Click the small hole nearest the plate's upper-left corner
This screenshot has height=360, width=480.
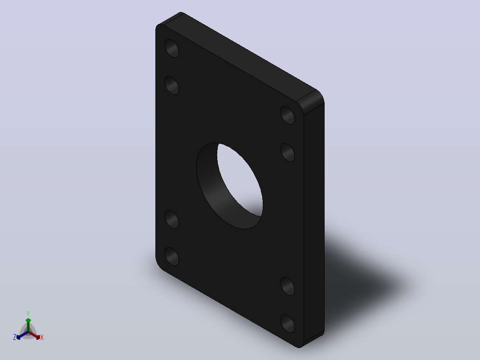[172, 49]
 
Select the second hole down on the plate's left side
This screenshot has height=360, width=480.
[172, 86]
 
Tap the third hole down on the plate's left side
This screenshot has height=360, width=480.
[172, 219]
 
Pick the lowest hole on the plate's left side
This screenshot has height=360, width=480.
[172, 257]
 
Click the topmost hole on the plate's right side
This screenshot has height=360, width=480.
[288, 115]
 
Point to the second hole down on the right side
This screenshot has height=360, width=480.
[288, 152]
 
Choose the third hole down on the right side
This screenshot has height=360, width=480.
[288, 286]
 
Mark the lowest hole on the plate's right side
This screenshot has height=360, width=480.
[288, 323]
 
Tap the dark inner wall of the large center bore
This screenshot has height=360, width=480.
[211, 190]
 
